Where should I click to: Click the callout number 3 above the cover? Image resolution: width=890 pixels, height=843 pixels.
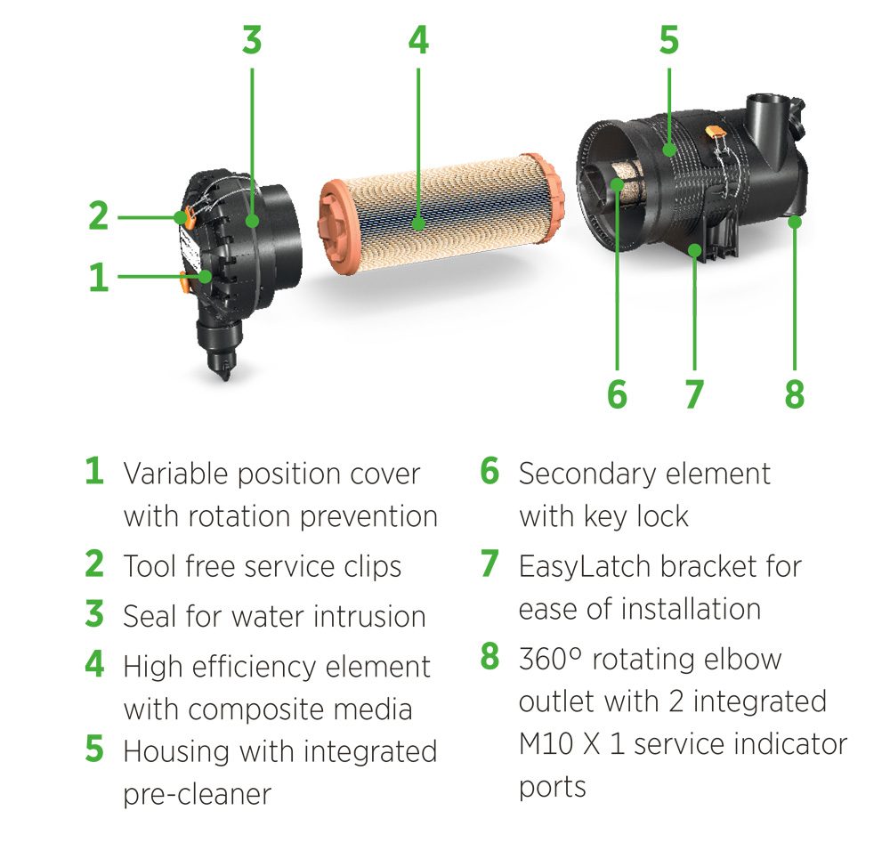(x=252, y=40)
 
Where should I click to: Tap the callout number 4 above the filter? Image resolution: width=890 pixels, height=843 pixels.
(x=418, y=40)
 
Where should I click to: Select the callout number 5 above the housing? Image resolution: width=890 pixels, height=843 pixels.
(x=669, y=40)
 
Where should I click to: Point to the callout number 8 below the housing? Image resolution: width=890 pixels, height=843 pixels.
(x=795, y=394)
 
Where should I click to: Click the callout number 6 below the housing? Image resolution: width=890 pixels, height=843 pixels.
(x=617, y=394)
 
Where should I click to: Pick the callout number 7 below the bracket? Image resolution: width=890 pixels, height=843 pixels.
(x=695, y=394)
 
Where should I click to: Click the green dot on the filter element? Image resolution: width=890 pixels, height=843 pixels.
(x=418, y=223)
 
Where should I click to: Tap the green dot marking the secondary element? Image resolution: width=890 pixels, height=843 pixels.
(x=617, y=184)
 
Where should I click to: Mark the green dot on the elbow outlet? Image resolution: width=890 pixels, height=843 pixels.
(x=795, y=222)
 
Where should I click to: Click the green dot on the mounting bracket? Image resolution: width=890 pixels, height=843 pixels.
(x=695, y=250)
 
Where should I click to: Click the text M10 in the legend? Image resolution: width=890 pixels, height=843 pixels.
(x=546, y=744)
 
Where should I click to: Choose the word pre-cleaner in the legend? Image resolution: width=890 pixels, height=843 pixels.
(x=198, y=795)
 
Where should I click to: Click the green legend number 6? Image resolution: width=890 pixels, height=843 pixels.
(x=489, y=471)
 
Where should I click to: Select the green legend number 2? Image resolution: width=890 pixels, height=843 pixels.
(x=94, y=563)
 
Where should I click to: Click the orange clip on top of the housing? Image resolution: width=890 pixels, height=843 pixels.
(x=716, y=134)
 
